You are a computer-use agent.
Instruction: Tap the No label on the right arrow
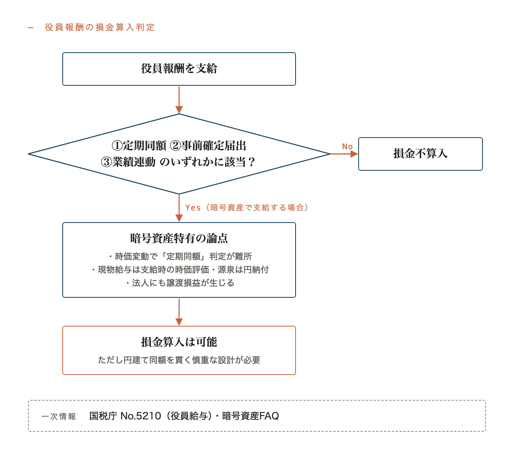click(x=347, y=147)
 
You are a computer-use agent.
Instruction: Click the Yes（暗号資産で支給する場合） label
click(x=246, y=207)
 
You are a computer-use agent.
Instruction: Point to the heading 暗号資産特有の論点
click(x=179, y=238)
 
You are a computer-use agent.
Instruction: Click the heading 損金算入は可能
click(x=179, y=342)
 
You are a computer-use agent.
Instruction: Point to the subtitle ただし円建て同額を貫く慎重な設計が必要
click(x=179, y=360)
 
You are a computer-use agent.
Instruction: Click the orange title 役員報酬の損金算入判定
click(x=100, y=27)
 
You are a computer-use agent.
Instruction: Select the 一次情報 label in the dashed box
click(x=59, y=416)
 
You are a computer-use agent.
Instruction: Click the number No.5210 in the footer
click(x=141, y=416)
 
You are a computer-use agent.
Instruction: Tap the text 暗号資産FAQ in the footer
click(x=250, y=416)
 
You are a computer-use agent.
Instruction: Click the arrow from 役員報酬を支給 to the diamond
click(x=179, y=100)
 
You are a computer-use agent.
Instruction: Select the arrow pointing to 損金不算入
click(x=344, y=154)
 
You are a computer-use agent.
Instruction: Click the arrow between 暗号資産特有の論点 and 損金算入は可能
click(x=179, y=312)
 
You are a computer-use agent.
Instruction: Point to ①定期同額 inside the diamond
click(x=139, y=146)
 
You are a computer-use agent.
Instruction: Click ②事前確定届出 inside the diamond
click(x=208, y=146)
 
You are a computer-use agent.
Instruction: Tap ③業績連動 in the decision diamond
click(x=128, y=162)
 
